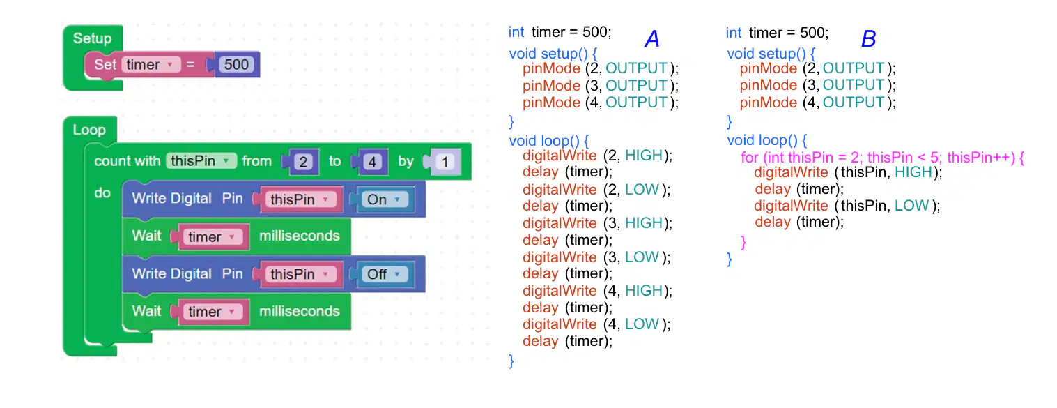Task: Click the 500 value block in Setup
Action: click(x=236, y=65)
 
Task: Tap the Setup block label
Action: click(x=92, y=38)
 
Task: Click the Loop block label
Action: click(x=89, y=130)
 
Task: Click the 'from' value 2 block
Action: click(x=303, y=162)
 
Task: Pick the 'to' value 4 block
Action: click(x=372, y=162)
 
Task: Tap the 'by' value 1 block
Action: click(x=444, y=162)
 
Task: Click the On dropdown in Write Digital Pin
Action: click(x=385, y=199)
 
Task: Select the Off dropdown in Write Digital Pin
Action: click(x=385, y=274)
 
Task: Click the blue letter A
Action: click(x=651, y=39)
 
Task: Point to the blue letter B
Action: click(x=868, y=39)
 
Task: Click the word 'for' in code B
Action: click(x=749, y=157)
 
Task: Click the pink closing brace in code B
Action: click(x=743, y=242)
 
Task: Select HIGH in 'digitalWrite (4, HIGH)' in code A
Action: click(x=644, y=290)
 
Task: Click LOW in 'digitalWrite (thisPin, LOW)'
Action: click(x=911, y=206)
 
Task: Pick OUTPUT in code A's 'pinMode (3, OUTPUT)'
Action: click(x=636, y=86)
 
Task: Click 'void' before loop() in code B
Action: click(x=741, y=140)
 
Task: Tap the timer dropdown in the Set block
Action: click(x=151, y=65)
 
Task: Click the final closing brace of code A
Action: click(x=511, y=361)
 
